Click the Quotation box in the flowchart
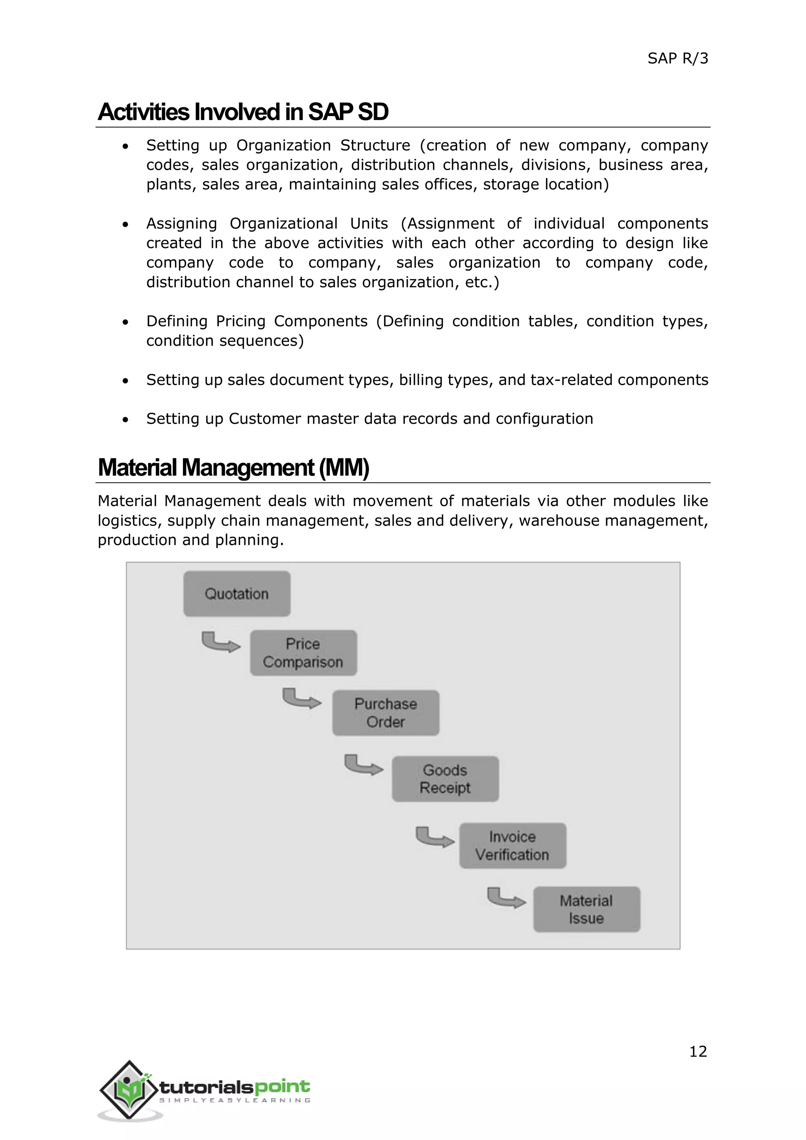click(237, 594)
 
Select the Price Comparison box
click(303, 653)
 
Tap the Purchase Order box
click(386, 713)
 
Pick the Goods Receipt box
click(445, 779)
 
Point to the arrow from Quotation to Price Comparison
click(220, 642)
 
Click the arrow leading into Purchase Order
click(301, 699)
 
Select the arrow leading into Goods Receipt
click(363, 765)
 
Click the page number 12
click(698, 1051)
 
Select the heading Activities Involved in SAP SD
click(243, 112)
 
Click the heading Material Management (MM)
click(233, 468)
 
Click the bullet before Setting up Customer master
click(126, 420)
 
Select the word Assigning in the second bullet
click(182, 224)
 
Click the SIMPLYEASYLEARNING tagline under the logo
click(235, 1101)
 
